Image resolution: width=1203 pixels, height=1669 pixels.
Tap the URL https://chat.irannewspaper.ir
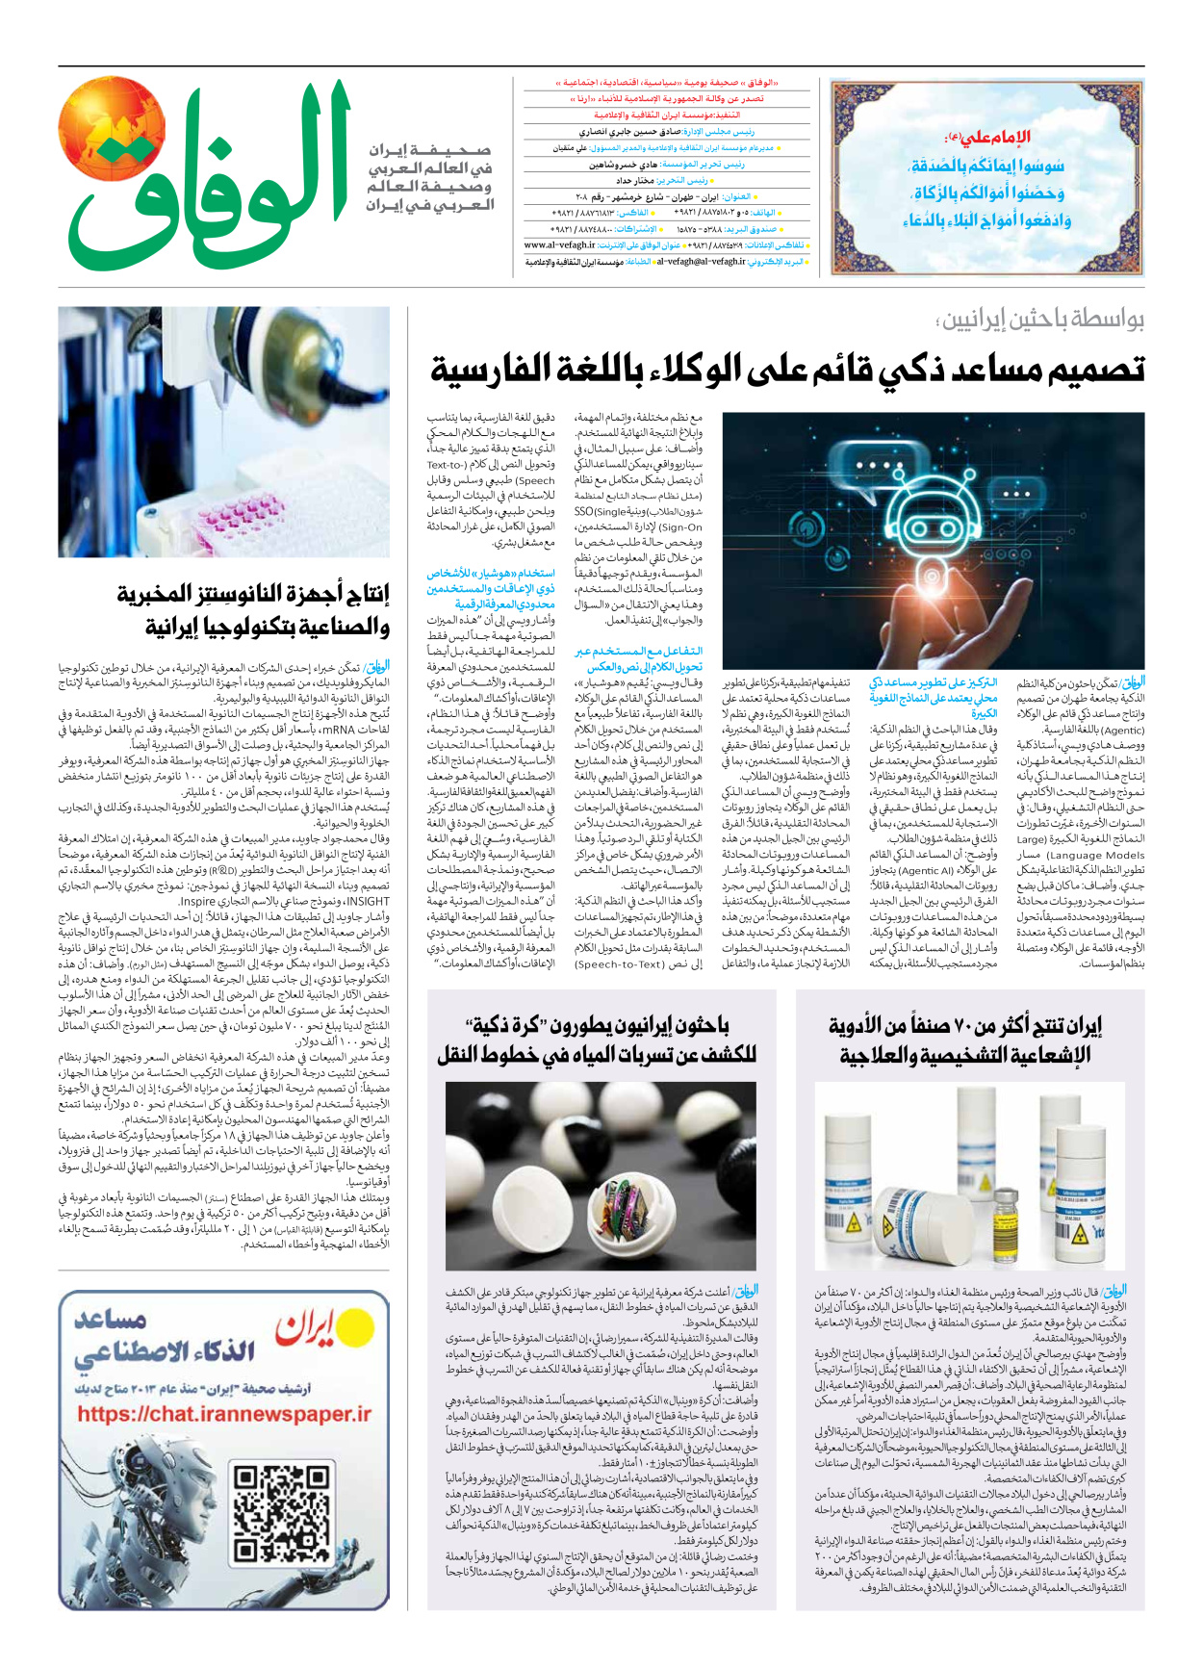[224, 1414]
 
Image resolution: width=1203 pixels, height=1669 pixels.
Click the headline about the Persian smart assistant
[786, 369]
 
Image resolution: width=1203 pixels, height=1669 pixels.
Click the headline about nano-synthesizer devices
[252, 610]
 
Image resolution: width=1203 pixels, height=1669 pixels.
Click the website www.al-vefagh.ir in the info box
[563, 244]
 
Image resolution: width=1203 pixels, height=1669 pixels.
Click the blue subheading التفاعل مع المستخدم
[639, 652]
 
